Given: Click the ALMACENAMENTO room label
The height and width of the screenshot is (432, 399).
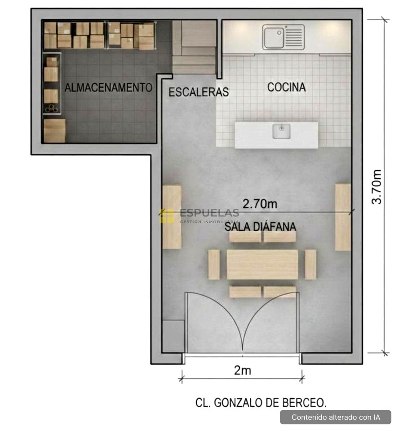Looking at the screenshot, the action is click(108, 88).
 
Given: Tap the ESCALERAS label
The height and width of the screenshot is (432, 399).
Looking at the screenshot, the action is click(199, 92).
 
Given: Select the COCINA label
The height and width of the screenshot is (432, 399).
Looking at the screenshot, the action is click(287, 87).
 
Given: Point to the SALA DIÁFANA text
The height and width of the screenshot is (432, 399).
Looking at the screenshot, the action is click(260, 226).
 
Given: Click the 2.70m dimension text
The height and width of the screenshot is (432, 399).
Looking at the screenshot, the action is click(260, 204).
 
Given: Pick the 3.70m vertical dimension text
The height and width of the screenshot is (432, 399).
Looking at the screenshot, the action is click(377, 186).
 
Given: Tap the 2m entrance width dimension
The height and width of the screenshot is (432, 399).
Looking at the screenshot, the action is click(243, 370).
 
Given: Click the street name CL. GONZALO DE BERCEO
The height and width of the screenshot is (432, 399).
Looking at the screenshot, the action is click(261, 403).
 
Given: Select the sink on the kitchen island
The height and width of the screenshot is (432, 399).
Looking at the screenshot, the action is click(281, 131).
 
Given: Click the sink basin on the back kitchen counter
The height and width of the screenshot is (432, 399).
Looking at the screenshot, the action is click(274, 37).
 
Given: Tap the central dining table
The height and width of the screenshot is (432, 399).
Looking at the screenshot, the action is click(262, 265).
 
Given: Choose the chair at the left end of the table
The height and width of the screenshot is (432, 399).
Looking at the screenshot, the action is click(214, 265).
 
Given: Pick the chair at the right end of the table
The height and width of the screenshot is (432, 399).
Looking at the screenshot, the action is click(310, 265).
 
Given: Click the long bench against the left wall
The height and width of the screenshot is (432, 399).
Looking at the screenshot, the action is click(172, 217).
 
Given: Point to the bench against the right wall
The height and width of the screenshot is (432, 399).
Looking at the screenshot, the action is click(343, 217).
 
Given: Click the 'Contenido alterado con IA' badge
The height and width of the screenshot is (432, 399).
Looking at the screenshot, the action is click(336, 417).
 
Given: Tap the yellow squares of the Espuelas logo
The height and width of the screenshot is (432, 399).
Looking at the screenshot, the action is click(167, 216).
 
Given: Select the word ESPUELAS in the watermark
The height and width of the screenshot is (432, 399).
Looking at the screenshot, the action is click(209, 213).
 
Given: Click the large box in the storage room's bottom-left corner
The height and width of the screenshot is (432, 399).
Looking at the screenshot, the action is click(55, 130).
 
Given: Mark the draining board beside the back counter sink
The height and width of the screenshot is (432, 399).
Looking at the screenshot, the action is click(294, 37).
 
